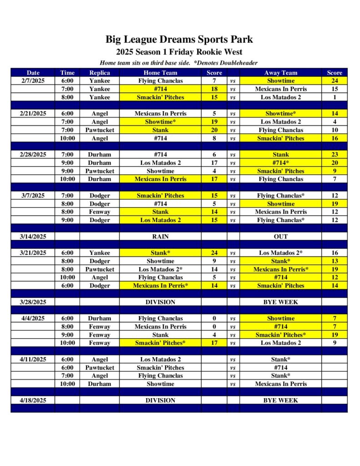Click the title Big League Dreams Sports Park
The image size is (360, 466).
[x=179, y=40]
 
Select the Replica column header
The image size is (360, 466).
[x=99, y=72]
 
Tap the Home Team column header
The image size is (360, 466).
[x=160, y=72]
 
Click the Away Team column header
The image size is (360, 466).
[x=280, y=72]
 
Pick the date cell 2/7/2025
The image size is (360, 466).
[x=33, y=81]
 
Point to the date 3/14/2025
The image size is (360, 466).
[x=33, y=237]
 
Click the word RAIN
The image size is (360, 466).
[x=160, y=237]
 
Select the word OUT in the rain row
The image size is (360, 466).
[x=280, y=237]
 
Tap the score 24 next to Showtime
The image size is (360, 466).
[x=334, y=81]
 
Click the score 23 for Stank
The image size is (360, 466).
[x=334, y=154]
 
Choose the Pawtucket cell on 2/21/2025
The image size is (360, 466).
[x=99, y=130]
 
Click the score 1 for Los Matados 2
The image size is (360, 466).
[x=334, y=97]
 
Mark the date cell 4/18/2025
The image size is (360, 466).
[x=33, y=400]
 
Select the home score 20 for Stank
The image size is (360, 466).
[x=214, y=130]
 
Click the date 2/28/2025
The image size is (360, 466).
[x=33, y=154]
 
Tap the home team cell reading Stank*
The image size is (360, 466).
[x=160, y=253]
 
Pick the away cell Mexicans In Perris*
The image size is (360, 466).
[x=280, y=269]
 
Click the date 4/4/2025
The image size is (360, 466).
[x=33, y=319]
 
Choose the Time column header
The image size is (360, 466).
[x=67, y=72]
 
